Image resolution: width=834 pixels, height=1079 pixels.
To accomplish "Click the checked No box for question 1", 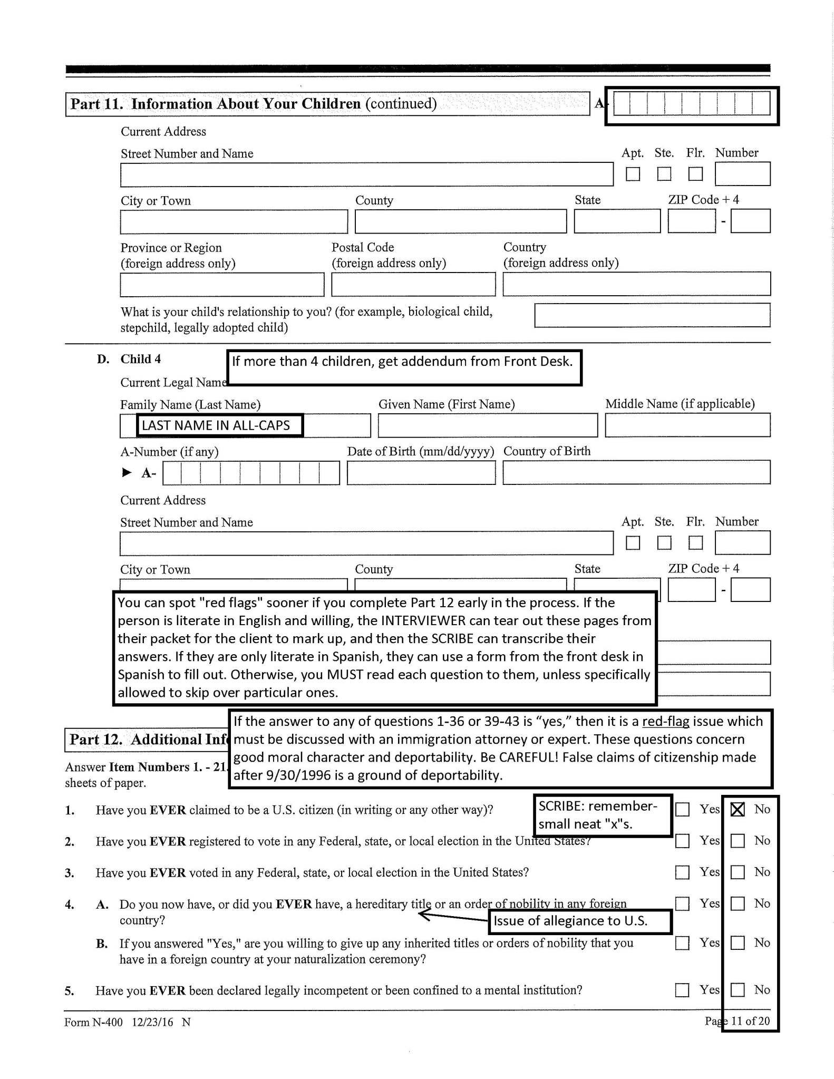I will pos(738,809).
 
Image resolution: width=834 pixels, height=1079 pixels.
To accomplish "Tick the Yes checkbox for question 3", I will pos(682,872).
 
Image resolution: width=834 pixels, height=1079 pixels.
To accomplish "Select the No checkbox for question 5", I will pos(738,990).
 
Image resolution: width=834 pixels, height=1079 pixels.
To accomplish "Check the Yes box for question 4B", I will pos(682,942).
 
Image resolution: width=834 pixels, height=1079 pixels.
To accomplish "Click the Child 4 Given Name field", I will pos(488,425).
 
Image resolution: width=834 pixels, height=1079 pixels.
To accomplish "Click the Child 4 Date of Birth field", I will pos(421,473).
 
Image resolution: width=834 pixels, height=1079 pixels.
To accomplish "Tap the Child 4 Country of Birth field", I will pos(636,473).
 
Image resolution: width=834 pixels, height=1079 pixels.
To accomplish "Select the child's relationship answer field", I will pos(652,315).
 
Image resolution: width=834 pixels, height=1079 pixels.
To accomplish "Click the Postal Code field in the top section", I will pos(413,285).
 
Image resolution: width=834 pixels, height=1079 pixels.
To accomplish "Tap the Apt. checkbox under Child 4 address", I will pos(633,542).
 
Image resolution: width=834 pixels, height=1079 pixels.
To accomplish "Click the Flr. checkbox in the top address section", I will pos(695,174).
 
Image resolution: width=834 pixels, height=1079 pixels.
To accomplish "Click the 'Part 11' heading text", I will pos(253,104).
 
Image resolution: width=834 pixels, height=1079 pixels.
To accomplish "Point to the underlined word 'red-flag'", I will pos(665,722).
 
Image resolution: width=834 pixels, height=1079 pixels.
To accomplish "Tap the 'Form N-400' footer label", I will pos(93,1022).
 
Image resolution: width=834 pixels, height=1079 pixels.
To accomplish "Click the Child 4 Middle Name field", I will pos(687,425).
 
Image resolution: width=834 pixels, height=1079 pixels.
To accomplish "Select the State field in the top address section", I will pos(617,221).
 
